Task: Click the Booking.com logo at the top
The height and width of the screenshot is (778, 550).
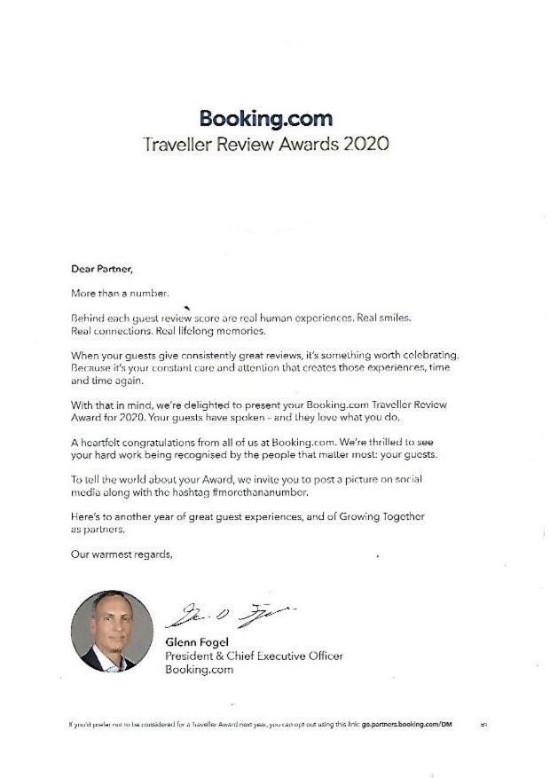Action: [x=266, y=118]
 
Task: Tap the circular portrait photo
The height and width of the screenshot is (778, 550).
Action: [x=111, y=631]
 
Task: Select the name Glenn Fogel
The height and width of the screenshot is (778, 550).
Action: [x=196, y=641]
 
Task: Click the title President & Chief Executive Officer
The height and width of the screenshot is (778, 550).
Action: [x=254, y=656]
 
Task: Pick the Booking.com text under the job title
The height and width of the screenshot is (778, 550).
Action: [x=200, y=670]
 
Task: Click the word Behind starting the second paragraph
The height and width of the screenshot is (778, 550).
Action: [x=86, y=317]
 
